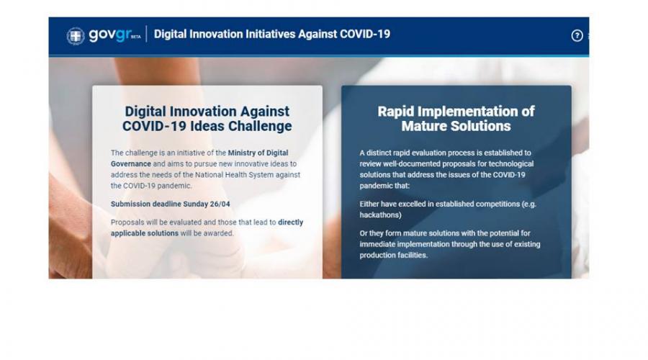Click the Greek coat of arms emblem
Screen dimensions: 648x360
pos(76,36)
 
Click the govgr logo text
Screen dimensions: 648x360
pos(110,35)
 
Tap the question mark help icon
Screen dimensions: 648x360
pos(577,35)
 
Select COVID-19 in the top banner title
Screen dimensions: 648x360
pos(365,34)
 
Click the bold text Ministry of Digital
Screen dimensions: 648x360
pos(258,153)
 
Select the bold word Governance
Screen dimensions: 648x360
pos(130,164)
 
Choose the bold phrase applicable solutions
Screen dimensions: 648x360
pos(145,233)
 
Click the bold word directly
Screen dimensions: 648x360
pos(291,222)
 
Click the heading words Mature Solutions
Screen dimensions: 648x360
pos(456,126)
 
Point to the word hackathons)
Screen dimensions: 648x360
pos(380,215)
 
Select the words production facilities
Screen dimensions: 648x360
pos(393,256)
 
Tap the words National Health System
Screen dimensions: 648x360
pos(234,175)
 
